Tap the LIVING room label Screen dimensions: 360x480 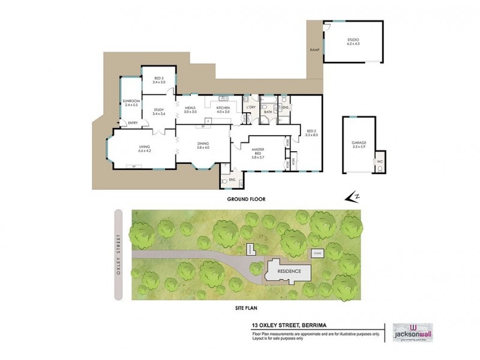(145, 148)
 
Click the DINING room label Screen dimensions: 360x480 (203, 145)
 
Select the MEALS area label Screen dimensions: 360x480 (191, 109)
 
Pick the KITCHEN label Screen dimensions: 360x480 (223, 109)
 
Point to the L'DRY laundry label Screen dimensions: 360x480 (251, 108)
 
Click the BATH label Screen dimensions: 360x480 (268, 112)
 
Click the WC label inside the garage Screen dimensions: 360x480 (379, 162)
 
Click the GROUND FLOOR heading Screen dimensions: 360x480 (245, 199)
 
